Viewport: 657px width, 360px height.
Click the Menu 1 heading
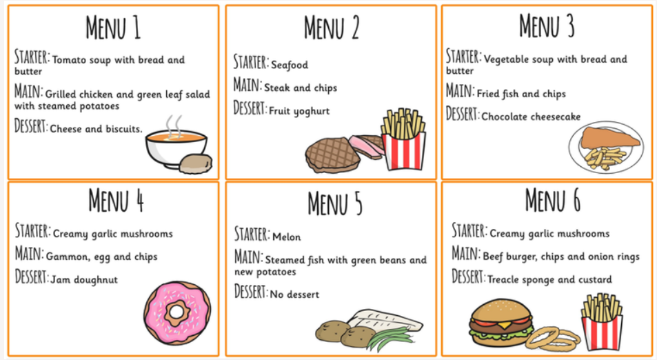pyautogui.click(x=113, y=28)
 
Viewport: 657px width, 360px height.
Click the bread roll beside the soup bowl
pyautogui.click(x=196, y=163)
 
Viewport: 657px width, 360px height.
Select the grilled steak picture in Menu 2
pyautogui.click(x=332, y=154)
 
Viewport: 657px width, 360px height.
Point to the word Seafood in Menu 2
pyautogui.click(x=290, y=65)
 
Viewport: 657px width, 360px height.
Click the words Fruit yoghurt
pyautogui.click(x=299, y=111)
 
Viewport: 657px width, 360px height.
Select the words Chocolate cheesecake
pyautogui.click(x=531, y=117)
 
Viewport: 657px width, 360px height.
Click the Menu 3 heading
pyautogui.click(x=547, y=26)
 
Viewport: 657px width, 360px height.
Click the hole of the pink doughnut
pyautogui.click(x=176, y=312)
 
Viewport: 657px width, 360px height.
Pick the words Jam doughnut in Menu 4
pyautogui.click(x=84, y=280)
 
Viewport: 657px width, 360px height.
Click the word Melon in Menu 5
pyautogui.click(x=287, y=237)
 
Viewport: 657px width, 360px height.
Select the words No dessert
pyautogui.click(x=294, y=294)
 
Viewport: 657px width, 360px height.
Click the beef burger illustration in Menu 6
pyautogui.click(x=501, y=322)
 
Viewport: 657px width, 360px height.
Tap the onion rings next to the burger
pyautogui.click(x=552, y=338)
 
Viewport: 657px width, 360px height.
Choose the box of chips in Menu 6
pyautogui.click(x=601, y=321)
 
